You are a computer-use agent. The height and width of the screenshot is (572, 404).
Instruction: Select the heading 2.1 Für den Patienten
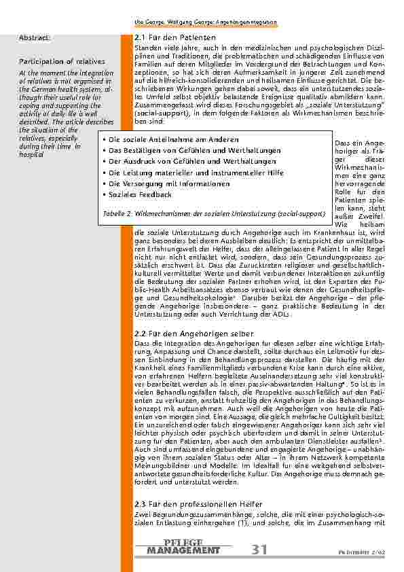(175, 37)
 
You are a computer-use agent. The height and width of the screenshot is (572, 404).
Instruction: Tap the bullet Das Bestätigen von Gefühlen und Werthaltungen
(177, 150)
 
